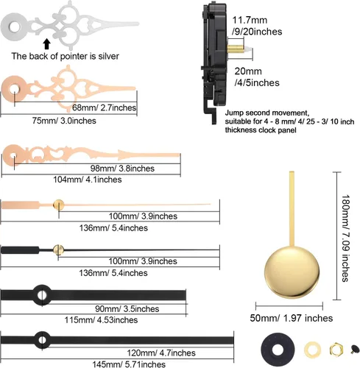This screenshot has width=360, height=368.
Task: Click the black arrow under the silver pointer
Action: point(46,44)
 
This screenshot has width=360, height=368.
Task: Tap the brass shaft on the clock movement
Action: point(236,49)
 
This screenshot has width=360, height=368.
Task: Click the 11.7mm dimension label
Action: point(250,20)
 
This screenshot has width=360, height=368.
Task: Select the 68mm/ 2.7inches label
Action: point(104,107)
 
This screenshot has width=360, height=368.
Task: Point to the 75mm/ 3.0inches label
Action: point(64,121)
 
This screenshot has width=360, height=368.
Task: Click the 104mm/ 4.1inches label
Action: point(88,180)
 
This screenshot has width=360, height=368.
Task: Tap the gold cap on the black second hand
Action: point(58,250)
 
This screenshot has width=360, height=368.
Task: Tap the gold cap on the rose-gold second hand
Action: point(59,205)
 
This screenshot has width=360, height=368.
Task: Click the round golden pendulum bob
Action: point(292,272)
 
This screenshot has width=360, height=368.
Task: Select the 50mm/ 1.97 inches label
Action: point(292,318)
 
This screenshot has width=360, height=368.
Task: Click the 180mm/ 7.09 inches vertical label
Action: point(346,238)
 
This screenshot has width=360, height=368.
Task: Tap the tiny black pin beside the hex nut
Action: point(355,349)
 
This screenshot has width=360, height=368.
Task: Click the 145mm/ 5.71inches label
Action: point(129,364)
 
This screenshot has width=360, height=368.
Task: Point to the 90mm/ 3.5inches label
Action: point(127,308)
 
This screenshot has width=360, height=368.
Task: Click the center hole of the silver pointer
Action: point(15,27)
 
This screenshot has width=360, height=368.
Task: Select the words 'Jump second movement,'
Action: point(267,113)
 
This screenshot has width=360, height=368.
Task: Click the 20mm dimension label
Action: point(248,71)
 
